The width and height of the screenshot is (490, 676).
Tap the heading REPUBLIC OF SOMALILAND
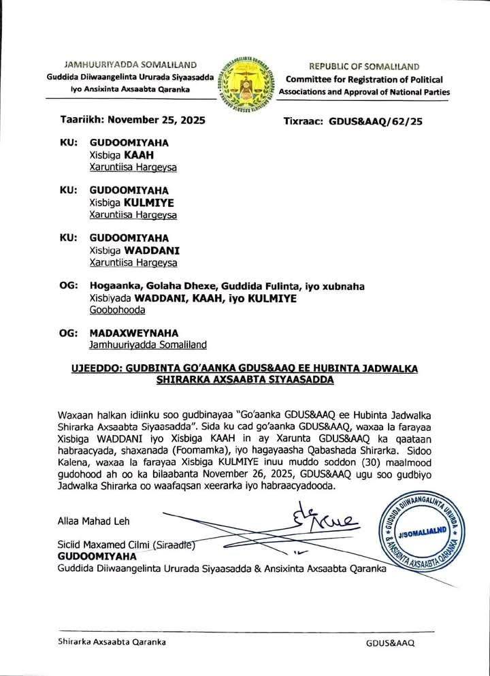pos(368,67)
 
